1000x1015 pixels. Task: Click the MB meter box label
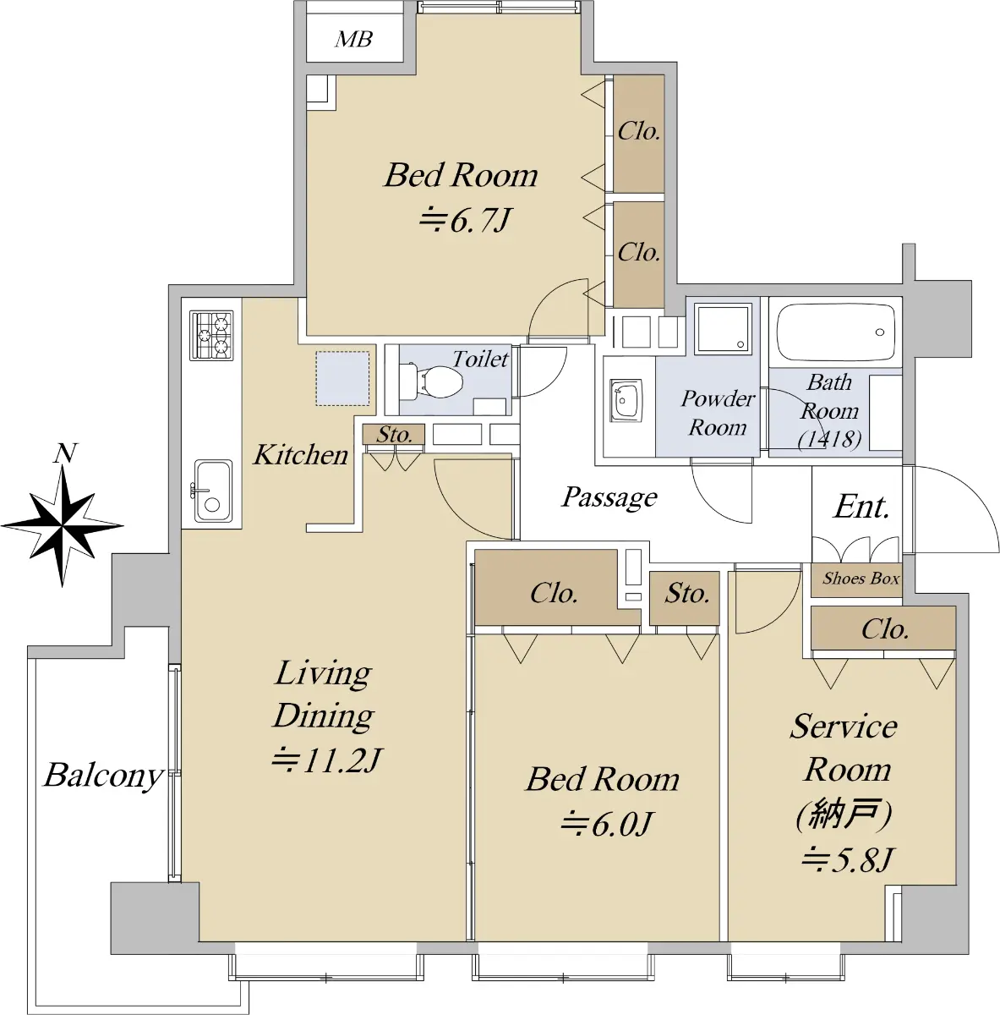[354, 39]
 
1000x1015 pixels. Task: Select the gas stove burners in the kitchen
[211, 335]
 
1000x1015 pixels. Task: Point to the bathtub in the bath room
[836, 332]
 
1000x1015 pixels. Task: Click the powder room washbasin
[626, 400]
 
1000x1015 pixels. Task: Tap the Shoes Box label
[861, 579]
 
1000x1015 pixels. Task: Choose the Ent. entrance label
[861, 507]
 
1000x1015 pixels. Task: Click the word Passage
[609, 497]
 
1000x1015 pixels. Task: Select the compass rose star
[63, 525]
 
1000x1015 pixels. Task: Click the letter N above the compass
[65, 453]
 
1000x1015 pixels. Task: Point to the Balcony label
[103, 776]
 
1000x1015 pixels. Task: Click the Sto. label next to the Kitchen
[394, 435]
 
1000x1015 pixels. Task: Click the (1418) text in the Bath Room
[830, 438]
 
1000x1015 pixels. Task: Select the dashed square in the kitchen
[342, 379]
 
